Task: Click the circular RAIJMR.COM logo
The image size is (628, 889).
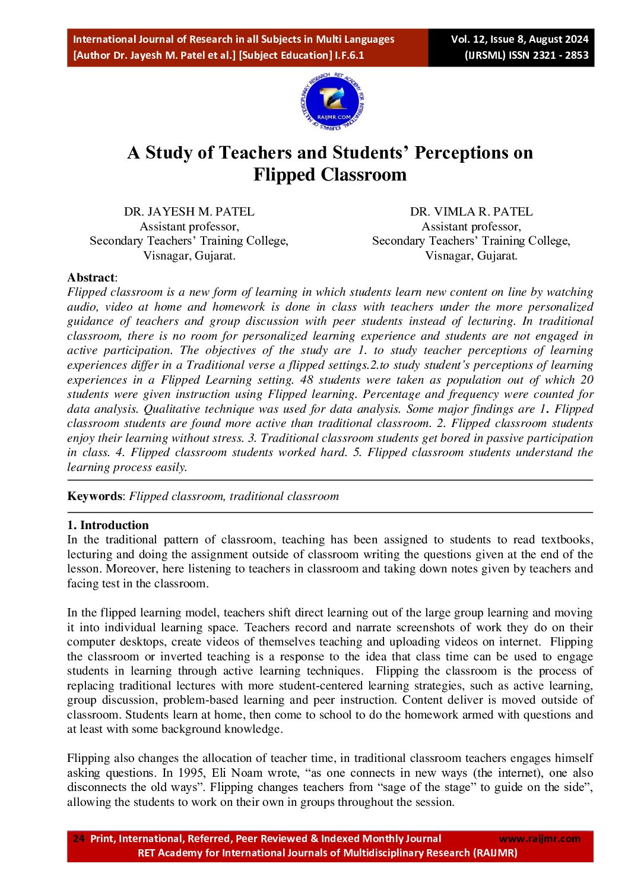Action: pos(332,103)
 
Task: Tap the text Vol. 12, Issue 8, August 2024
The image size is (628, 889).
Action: pos(519,39)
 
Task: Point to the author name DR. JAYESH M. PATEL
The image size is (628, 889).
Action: pos(189,211)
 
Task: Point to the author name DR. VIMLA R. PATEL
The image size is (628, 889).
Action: pos(471,211)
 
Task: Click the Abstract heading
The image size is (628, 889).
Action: pos(91,277)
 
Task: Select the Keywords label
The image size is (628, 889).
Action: pos(94,496)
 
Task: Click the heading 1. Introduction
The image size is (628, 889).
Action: pos(108,525)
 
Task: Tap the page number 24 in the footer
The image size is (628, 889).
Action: pos(78,839)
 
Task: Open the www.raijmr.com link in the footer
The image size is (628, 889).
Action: pos(540,839)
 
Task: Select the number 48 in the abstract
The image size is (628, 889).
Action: pos(307,379)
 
